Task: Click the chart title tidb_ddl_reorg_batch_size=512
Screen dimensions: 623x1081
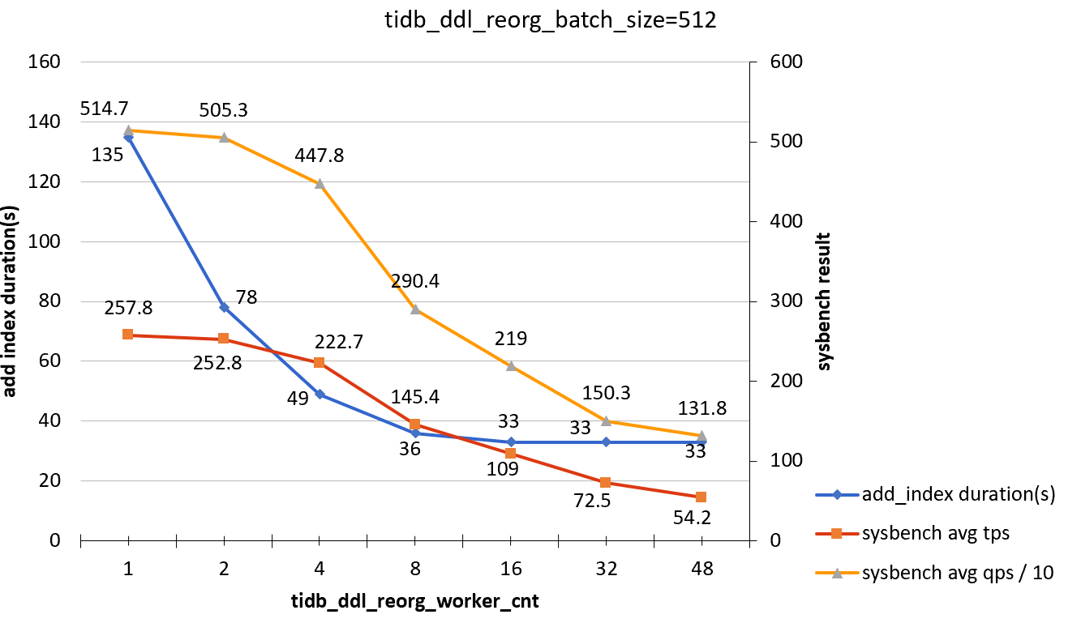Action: [551, 22]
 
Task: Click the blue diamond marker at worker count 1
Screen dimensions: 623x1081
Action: [128, 137]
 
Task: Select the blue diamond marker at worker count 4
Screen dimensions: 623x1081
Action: [320, 394]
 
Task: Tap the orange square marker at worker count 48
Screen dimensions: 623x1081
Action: [701, 497]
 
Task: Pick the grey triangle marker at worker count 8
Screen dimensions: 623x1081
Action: [415, 309]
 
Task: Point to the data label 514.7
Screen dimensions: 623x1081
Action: [104, 108]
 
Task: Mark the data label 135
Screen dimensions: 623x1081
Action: [107, 155]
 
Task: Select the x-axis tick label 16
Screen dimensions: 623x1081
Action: [510, 570]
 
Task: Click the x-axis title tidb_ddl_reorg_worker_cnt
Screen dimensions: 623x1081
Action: [415, 602]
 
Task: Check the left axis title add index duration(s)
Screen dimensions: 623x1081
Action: [11, 301]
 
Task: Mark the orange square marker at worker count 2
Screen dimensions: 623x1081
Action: [224, 339]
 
